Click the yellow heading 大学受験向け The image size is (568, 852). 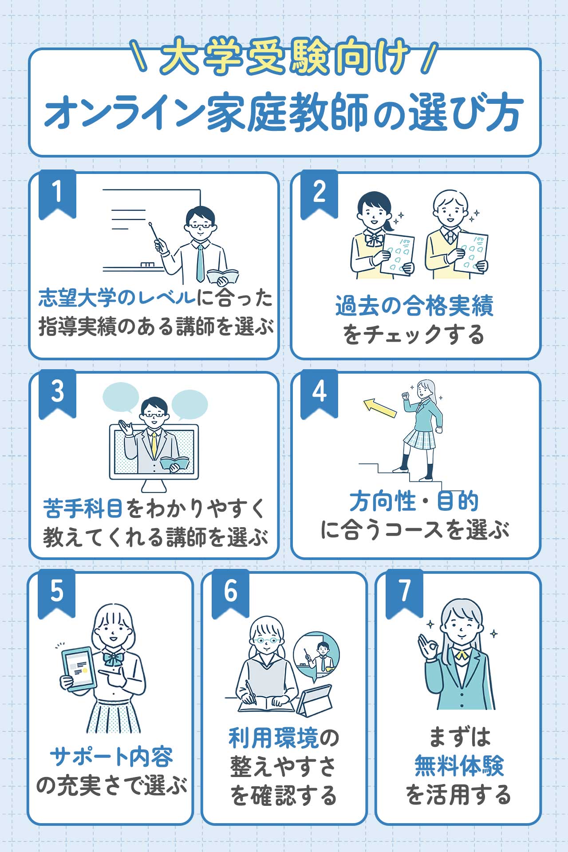tap(284, 57)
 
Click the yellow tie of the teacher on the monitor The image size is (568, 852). tap(154, 444)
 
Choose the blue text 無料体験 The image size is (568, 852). tap(459, 766)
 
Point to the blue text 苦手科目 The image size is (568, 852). tap(83, 509)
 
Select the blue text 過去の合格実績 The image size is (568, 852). tap(414, 306)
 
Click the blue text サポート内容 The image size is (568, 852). tap(111, 757)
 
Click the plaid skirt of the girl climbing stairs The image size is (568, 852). tap(420, 439)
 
